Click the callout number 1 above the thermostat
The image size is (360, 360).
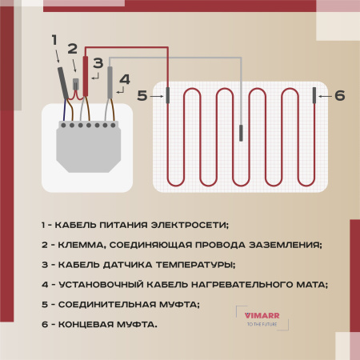(x=54, y=39)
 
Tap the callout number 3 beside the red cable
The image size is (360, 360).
(x=98, y=62)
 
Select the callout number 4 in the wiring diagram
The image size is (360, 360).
(x=123, y=79)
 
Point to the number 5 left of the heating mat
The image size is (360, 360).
(x=142, y=95)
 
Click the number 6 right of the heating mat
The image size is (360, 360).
(x=339, y=95)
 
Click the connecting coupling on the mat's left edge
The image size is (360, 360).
(x=167, y=96)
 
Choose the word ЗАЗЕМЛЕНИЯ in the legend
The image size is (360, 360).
(x=282, y=244)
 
